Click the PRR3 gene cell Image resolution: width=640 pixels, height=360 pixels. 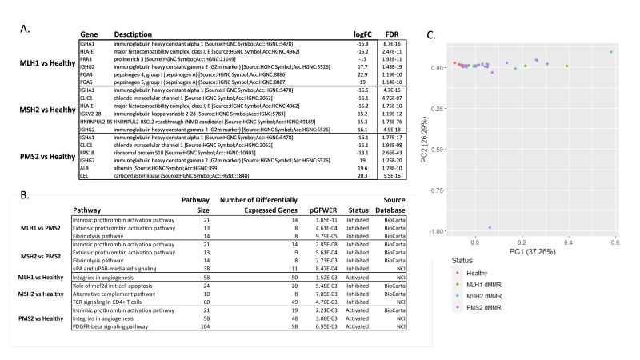coord(89,59)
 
